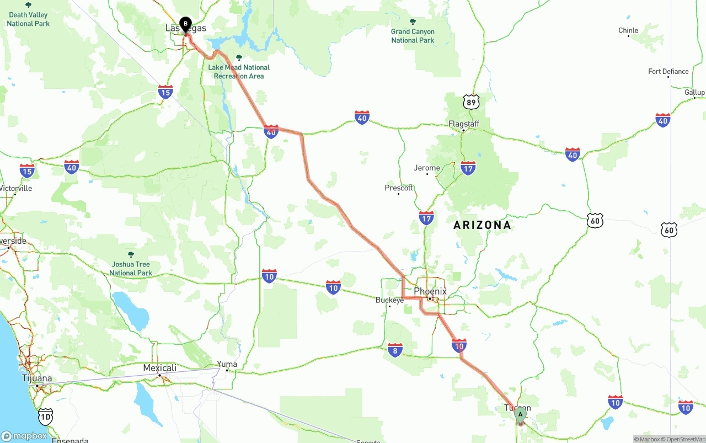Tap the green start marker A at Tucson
[520, 414]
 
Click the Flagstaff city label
[464, 124]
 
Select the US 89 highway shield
[471, 102]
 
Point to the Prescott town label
[399, 188]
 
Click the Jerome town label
[427, 168]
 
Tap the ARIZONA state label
[482, 225]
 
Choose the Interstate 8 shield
[395, 349]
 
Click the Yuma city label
[227, 364]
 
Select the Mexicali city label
[160, 368]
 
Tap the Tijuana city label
[37, 378]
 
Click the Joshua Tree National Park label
[131, 269]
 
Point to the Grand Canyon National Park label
[413, 36]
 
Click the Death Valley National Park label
[28, 19]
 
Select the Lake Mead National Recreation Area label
[239, 72]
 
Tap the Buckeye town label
[389, 300]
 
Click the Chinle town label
[628, 31]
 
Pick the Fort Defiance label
[668, 72]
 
